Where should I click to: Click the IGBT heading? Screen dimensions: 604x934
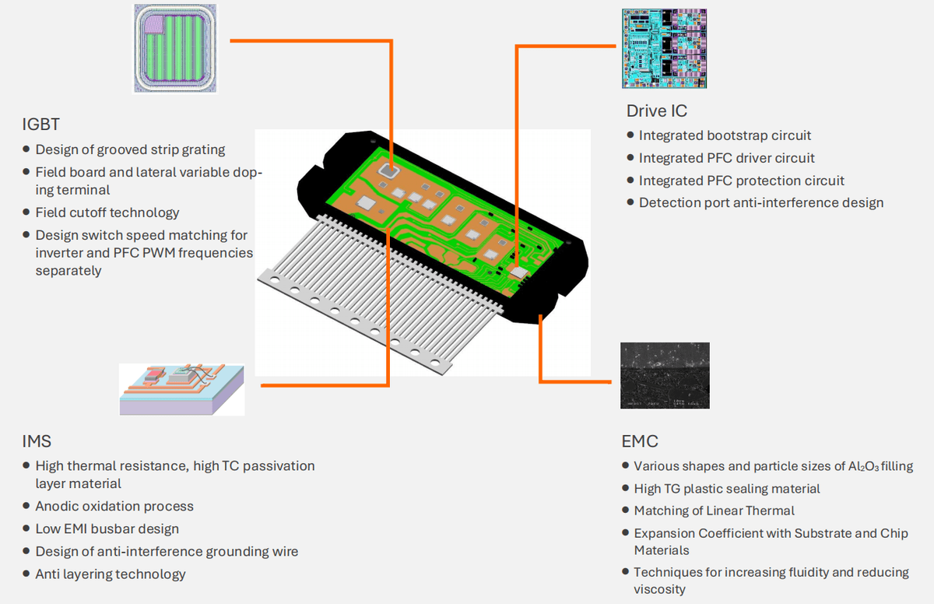point(41,125)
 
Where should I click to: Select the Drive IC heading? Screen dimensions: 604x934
point(656,111)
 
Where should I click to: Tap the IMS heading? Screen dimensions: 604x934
point(37,441)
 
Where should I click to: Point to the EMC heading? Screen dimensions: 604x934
point(640,441)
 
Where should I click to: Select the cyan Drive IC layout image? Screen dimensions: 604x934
point(665,48)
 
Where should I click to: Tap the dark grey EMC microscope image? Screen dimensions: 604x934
point(665,375)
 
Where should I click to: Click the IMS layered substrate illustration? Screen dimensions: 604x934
point(182,388)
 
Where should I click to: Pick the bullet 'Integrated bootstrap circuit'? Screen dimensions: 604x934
point(725,135)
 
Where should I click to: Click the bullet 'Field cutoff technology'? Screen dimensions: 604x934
point(107,212)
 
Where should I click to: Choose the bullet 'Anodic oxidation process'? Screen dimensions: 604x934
point(114,506)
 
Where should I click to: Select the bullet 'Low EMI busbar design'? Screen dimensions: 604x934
point(107,528)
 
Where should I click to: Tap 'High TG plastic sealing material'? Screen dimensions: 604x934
point(727,489)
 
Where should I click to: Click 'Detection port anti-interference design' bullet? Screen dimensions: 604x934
point(761,202)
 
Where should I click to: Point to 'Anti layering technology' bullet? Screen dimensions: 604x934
point(111,574)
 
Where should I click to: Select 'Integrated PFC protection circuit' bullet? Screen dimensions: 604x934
point(742,181)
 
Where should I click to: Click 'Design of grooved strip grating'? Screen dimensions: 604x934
point(130,149)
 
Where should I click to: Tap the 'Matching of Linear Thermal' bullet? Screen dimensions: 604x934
point(715,511)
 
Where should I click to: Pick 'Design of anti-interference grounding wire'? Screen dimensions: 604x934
point(167,551)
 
